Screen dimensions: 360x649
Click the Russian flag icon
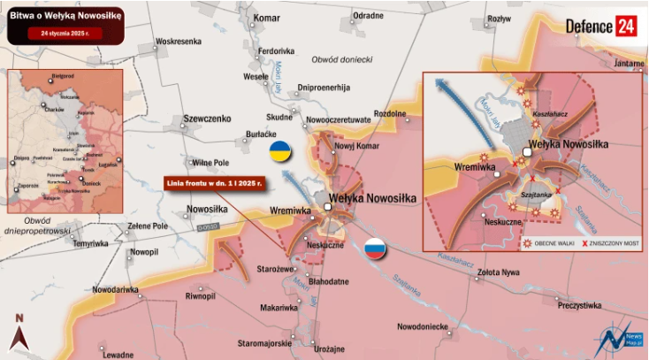tap(376, 249)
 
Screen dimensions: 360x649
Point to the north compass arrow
tap(19, 333)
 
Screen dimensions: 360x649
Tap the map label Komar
tap(266, 18)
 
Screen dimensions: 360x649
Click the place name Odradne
tap(368, 16)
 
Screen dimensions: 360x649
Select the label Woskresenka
tap(179, 42)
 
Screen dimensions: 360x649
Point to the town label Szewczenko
tap(206, 119)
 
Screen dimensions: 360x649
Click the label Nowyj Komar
tap(356, 145)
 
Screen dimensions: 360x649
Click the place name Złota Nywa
tap(497, 272)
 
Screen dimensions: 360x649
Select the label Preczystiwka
tap(579, 305)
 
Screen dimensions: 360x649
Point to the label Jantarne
tap(629, 64)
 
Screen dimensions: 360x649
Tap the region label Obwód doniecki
tap(341, 59)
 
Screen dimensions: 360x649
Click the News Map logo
tap(622, 338)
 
